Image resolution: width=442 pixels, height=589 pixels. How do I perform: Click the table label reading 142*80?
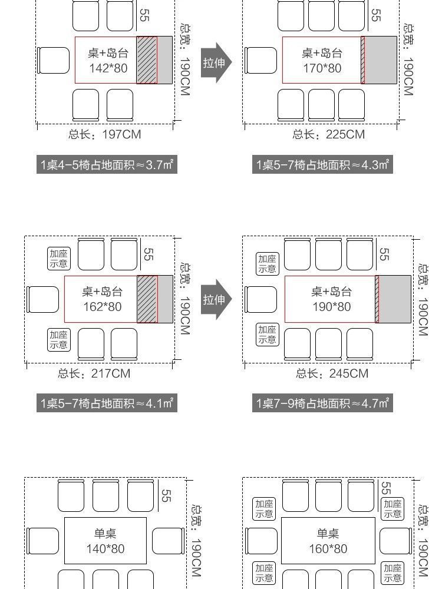[x=108, y=68]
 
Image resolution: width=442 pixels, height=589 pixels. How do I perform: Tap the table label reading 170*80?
[x=322, y=68]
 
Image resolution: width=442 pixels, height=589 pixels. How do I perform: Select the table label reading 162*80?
[x=102, y=306]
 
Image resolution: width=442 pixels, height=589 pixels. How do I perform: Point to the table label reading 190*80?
[x=331, y=306]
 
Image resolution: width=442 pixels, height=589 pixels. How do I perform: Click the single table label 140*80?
[x=105, y=548]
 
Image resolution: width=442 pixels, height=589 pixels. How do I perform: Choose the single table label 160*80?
[x=328, y=548]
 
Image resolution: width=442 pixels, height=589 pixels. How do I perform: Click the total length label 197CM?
[x=105, y=134]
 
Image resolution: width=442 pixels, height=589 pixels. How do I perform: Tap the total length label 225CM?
[x=329, y=134]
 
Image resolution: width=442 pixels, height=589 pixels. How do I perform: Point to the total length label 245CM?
[x=332, y=373]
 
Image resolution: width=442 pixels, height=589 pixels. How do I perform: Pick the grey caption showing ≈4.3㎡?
[x=323, y=165]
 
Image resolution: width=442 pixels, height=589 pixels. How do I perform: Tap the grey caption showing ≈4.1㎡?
[x=107, y=403]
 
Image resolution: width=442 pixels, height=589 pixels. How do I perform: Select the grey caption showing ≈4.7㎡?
[x=323, y=403]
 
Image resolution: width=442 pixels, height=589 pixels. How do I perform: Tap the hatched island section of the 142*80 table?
[x=147, y=60]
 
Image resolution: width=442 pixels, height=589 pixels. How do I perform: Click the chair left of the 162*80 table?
[x=43, y=299]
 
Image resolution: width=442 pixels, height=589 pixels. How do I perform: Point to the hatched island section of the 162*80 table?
[x=147, y=299]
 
